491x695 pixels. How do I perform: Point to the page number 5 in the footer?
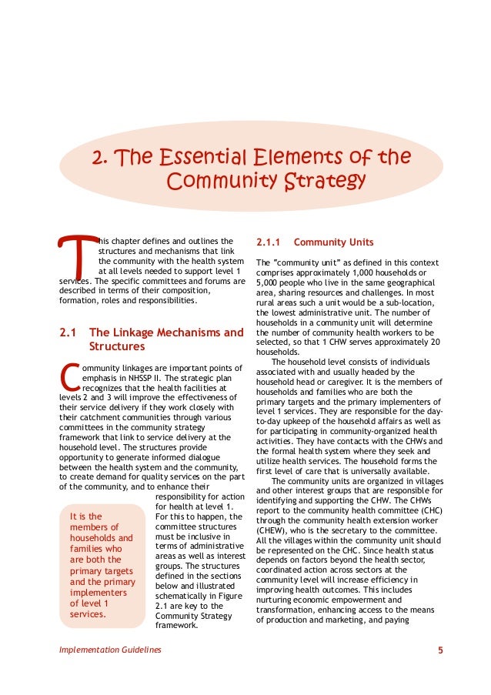click(440, 650)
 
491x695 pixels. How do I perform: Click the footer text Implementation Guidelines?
click(110, 650)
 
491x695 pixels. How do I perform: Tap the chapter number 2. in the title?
click(99, 158)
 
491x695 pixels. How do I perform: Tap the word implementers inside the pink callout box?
click(99, 593)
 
